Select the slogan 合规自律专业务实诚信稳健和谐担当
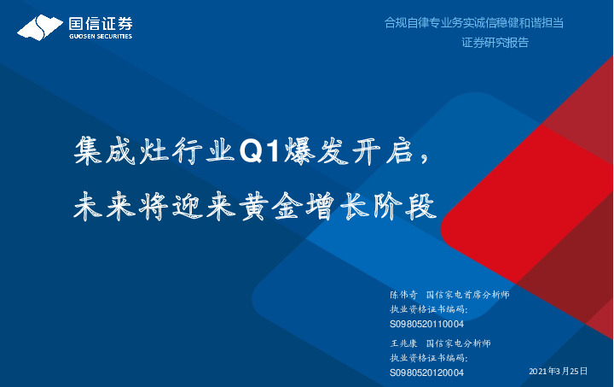click(x=474, y=23)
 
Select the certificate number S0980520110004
click(x=426, y=325)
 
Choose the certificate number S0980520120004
click(x=426, y=372)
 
